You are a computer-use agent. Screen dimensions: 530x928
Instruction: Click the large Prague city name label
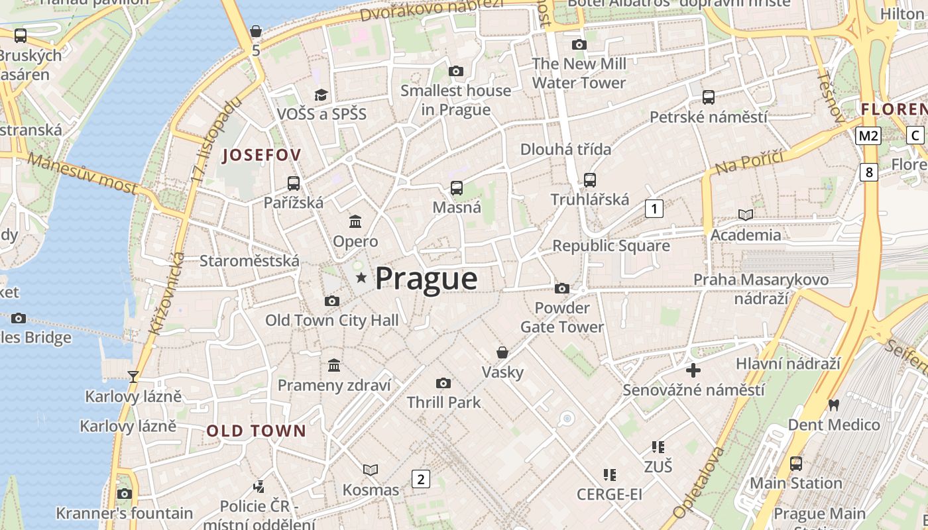[426, 278]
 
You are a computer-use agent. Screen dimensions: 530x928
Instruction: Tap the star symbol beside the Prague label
[361, 278]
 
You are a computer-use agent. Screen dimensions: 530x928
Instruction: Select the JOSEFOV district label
[262, 155]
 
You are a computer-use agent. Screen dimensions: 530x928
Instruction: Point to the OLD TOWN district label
[257, 431]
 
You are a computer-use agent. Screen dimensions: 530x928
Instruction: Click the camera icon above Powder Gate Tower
[562, 288]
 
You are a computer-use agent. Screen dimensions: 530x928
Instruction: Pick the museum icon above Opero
[355, 221]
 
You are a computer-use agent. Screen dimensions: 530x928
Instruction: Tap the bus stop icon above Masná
[457, 187]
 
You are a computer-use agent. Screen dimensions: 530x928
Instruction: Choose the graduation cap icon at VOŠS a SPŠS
[321, 95]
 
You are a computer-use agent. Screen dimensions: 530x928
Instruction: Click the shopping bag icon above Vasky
[502, 352]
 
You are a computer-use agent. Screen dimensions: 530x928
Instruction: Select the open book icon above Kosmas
[371, 470]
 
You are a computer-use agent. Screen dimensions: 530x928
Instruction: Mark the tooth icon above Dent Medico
[834, 404]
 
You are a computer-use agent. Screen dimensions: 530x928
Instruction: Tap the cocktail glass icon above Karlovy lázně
[133, 376]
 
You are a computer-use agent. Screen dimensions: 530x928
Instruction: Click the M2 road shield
[868, 136]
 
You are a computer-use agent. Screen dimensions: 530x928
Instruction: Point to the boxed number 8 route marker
[869, 172]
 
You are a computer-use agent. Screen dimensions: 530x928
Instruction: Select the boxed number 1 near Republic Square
[654, 209]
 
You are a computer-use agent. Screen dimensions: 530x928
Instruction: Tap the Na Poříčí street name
[749, 162]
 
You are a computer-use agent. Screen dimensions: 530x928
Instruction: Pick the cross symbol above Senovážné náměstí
[693, 370]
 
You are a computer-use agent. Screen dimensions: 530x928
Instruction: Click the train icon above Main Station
[796, 463]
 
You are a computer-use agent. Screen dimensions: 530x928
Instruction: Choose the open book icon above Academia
[746, 215]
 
